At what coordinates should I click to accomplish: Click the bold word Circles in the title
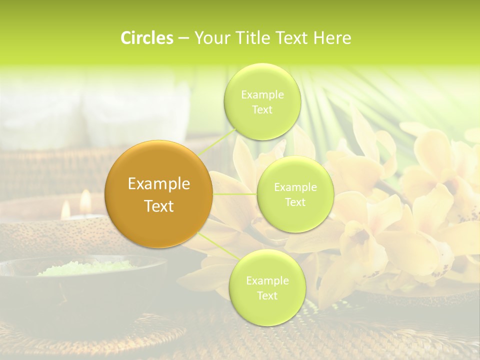(x=146, y=38)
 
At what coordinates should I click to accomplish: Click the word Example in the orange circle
(x=158, y=184)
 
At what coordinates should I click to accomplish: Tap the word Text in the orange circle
(x=158, y=206)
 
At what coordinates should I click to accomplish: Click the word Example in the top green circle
(x=262, y=95)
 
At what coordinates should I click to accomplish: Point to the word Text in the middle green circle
(x=295, y=202)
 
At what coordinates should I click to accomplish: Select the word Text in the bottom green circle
(x=267, y=295)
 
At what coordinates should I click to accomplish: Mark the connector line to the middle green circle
(x=235, y=194)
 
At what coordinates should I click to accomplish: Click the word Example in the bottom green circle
(x=267, y=281)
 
